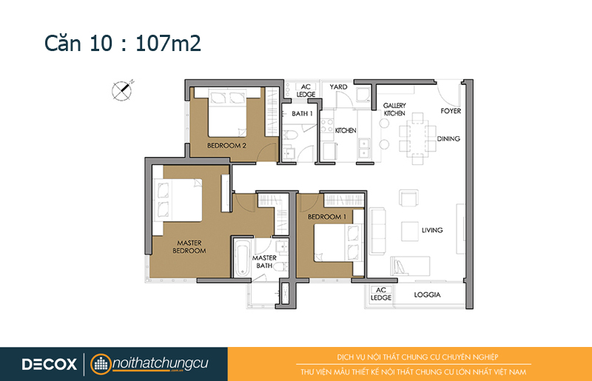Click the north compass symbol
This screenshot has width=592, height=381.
(122, 90)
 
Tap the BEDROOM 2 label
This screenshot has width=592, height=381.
(226, 146)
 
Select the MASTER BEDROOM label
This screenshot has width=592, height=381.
(189, 246)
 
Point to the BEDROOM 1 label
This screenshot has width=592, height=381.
(327, 217)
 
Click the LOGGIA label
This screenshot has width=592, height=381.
(427, 294)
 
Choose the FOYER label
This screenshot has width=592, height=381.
(451, 111)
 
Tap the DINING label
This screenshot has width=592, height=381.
(448, 138)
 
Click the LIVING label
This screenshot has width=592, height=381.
(432, 230)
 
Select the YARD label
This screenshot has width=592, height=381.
(338, 87)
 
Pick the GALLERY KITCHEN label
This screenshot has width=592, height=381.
(394, 109)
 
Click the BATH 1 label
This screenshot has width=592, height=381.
(302, 114)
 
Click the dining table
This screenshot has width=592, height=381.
(417, 138)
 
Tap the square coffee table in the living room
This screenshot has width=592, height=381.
(410, 231)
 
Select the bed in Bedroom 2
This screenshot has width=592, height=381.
(227, 112)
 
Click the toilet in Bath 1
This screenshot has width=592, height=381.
(292, 135)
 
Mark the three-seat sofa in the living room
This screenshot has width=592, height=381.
(377, 230)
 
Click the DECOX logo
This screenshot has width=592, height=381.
(50, 365)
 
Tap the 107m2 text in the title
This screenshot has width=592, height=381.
(168, 43)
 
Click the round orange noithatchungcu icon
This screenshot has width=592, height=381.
(101, 365)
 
